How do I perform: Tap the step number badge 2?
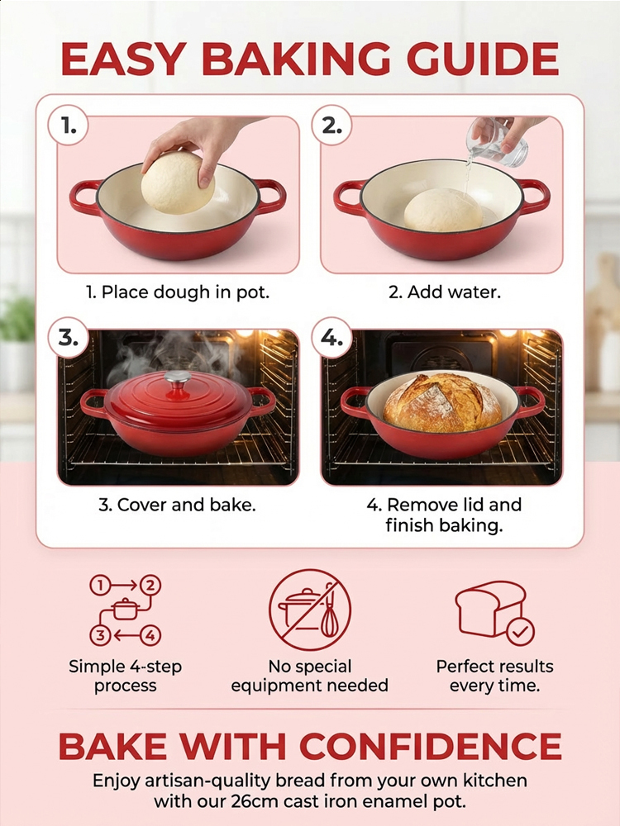[332, 126]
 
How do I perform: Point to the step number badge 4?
[332, 338]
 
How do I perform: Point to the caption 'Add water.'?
[445, 292]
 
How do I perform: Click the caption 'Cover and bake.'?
[177, 505]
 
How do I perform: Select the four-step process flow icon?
[126, 610]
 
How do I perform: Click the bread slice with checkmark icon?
[494, 611]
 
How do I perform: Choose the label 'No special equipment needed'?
[310, 676]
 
